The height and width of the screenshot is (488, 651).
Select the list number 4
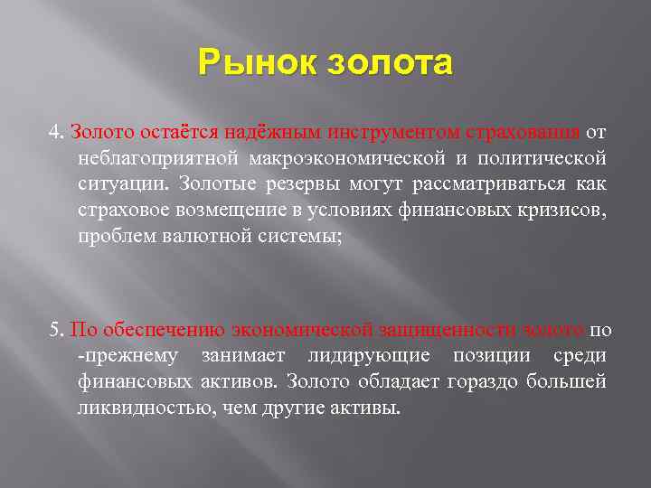pos(55,133)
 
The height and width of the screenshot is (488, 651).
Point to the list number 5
pos(55,328)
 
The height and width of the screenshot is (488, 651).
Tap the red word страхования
pos(524,133)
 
